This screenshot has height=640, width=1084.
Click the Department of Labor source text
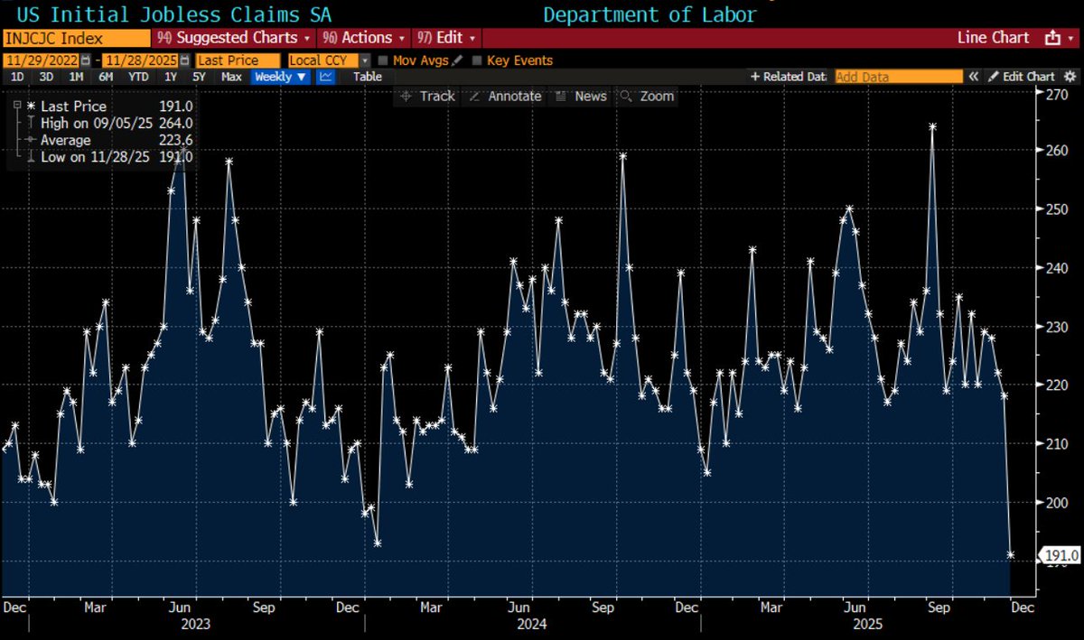pos(649,14)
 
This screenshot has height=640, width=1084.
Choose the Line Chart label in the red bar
pos(993,38)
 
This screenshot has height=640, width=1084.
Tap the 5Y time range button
pos(201,77)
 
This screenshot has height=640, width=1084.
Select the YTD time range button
pos(138,77)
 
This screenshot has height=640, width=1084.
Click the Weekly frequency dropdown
pos(281,77)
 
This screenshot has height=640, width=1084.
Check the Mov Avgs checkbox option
pos(384,60)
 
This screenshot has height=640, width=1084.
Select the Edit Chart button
pos(1020,77)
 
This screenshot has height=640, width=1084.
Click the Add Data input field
pos(898,77)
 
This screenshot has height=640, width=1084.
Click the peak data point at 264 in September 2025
pos(932,126)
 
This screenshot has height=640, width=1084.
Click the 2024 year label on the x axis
pos(532,623)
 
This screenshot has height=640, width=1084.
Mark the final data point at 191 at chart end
pos(1011,555)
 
